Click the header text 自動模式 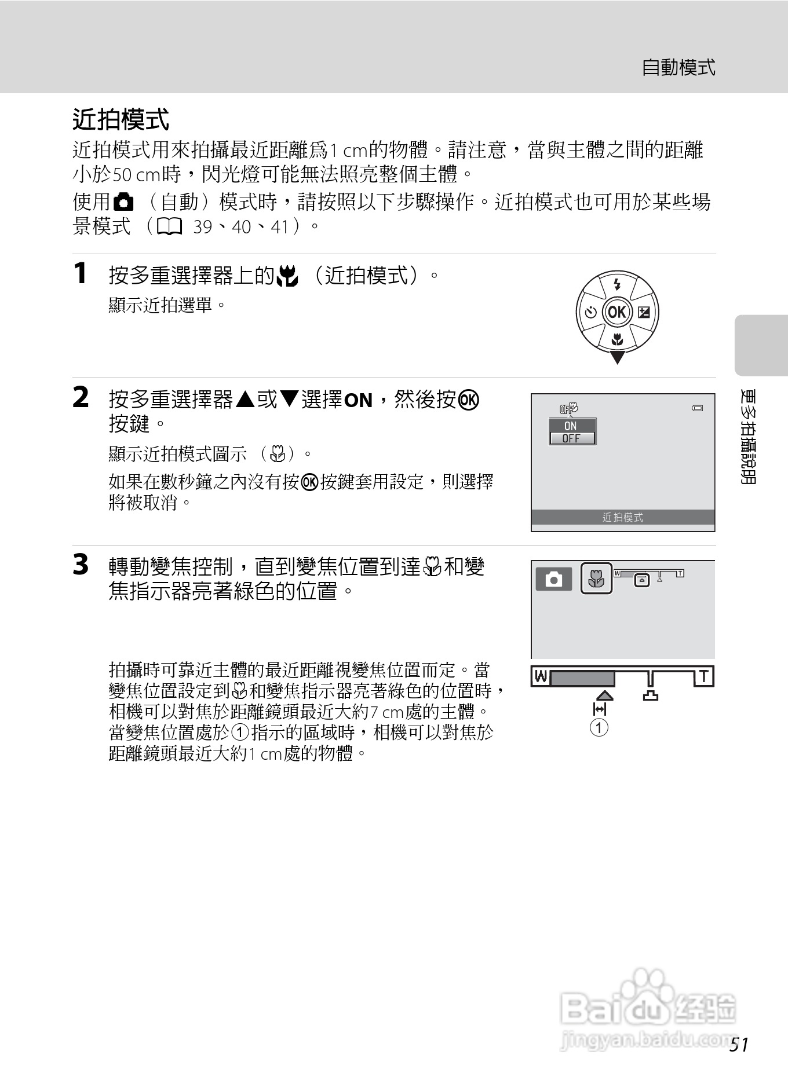click(x=678, y=68)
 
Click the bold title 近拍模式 click(x=121, y=120)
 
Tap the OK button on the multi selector click(x=617, y=312)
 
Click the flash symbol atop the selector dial click(x=617, y=284)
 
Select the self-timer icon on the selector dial click(x=590, y=313)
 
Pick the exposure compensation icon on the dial click(x=644, y=313)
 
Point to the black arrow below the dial click(x=617, y=357)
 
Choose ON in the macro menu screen click(x=571, y=426)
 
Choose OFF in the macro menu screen click(x=571, y=438)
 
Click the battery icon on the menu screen click(x=698, y=408)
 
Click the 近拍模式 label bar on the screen click(x=623, y=517)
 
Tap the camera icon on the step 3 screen click(x=554, y=579)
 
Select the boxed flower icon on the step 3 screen click(x=596, y=578)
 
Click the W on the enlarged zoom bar click(x=541, y=676)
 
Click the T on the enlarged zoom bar click(x=704, y=676)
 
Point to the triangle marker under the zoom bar click(x=604, y=695)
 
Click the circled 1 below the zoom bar click(x=599, y=727)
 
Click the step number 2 click(x=81, y=398)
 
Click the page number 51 click(x=739, y=1045)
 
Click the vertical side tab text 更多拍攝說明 click(x=748, y=437)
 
